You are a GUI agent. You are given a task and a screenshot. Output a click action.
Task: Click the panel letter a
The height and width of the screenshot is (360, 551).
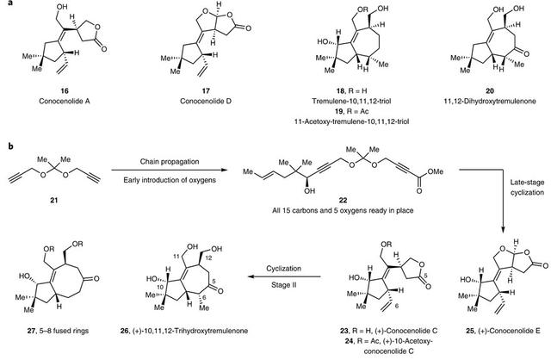pyautogui.click(x=5, y=4)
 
